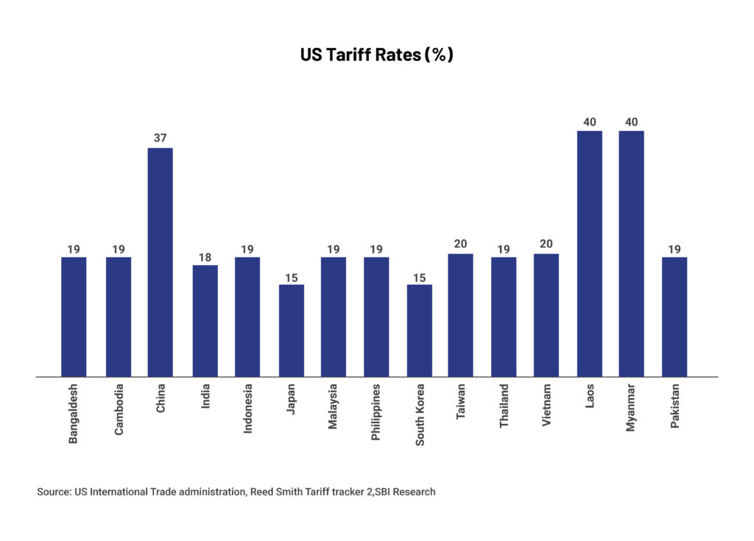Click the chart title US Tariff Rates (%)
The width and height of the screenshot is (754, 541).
376,55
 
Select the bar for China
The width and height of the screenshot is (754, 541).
161,261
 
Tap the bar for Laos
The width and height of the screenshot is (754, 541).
589,253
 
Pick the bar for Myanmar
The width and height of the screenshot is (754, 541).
631,253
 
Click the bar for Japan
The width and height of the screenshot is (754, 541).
291,330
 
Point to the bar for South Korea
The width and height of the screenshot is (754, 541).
420,330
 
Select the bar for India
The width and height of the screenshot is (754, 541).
205,320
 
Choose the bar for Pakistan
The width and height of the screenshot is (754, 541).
674,317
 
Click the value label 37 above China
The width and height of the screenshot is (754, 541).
161,138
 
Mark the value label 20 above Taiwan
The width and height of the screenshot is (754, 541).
460,244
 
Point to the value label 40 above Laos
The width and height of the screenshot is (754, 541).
589,121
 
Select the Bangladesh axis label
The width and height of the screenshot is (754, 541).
74,413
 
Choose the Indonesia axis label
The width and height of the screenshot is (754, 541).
248,409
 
